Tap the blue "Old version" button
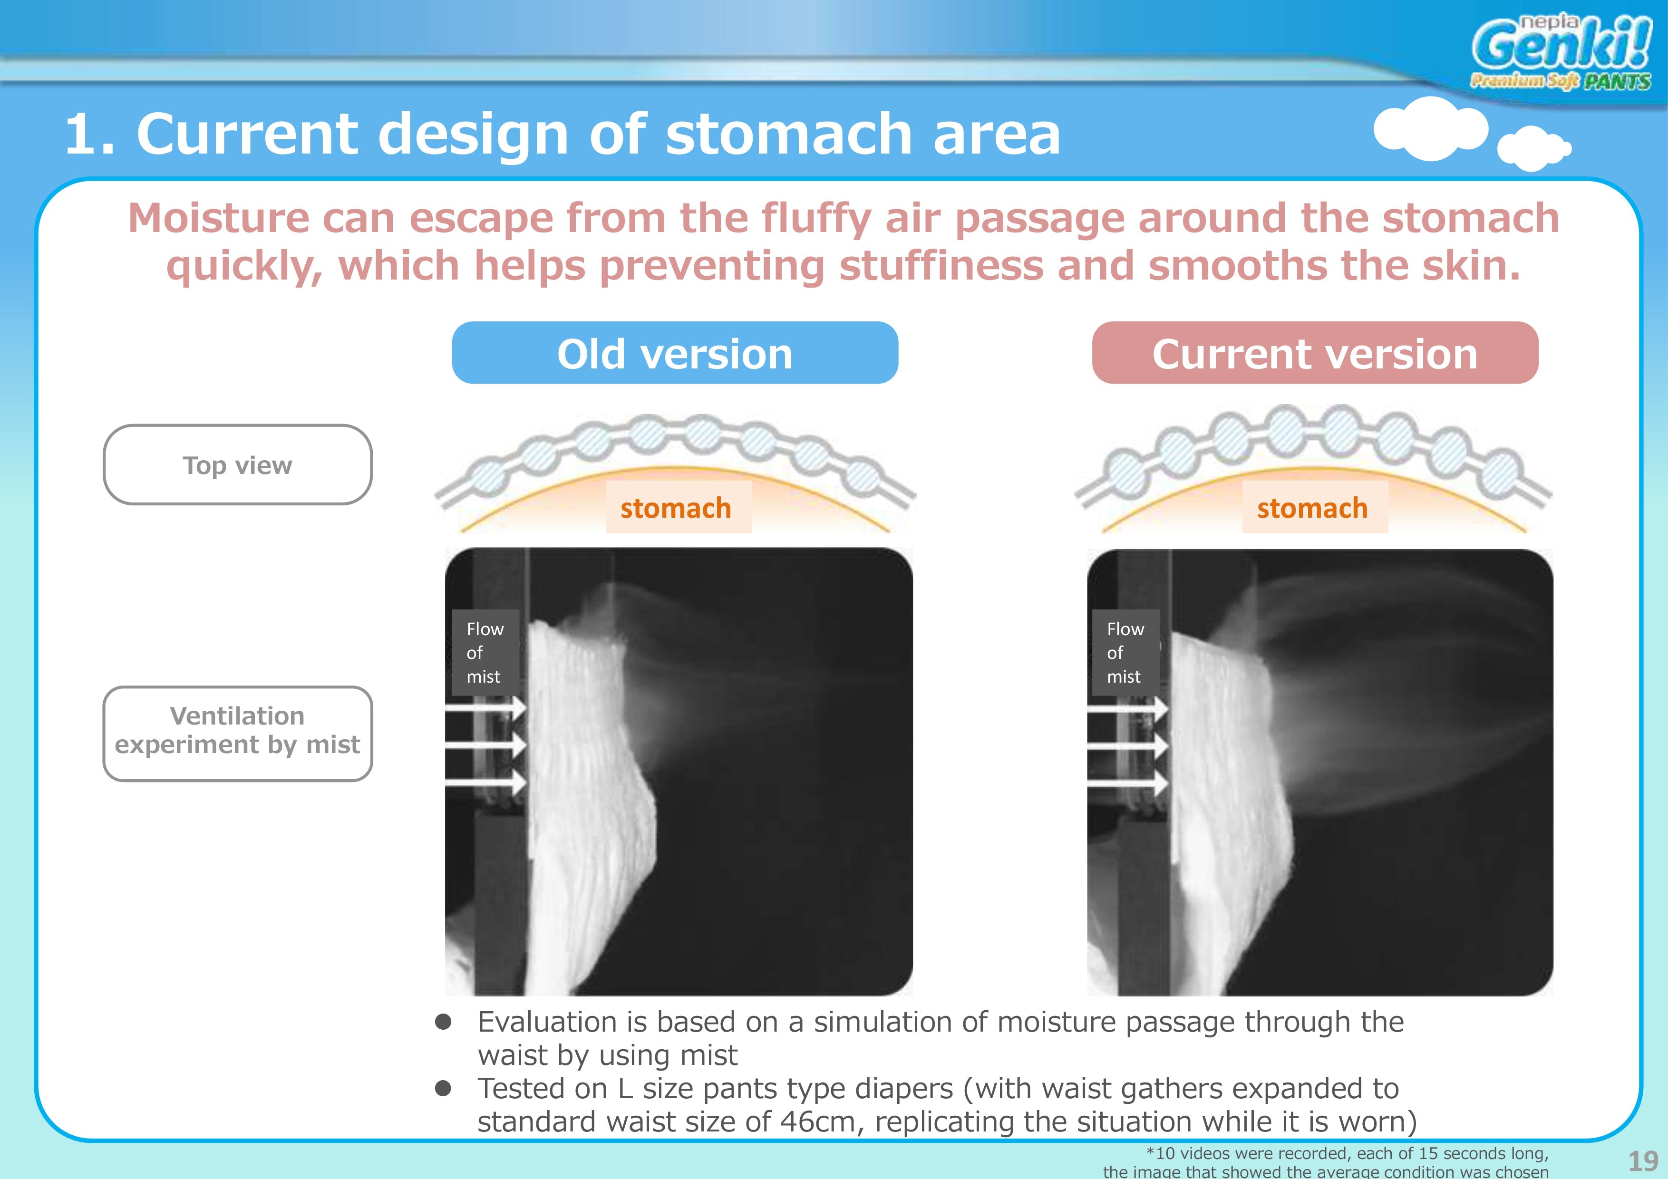[x=675, y=353]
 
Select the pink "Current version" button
[x=1315, y=353]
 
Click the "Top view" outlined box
[x=238, y=465]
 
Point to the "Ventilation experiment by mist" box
[x=238, y=734]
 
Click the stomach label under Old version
[x=676, y=508]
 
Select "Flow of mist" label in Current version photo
[x=1125, y=652]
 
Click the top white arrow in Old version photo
[x=485, y=707]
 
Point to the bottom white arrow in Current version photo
[x=1127, y=783]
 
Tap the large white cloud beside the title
[x=1430, y=128]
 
